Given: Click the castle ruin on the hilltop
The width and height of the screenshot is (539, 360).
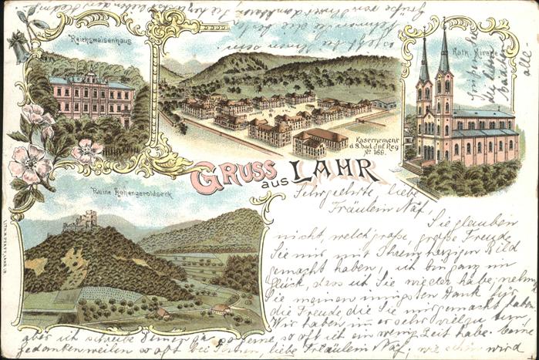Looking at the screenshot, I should click(x=81, y=223).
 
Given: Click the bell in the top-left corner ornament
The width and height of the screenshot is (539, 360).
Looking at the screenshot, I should click(x=18, y=51).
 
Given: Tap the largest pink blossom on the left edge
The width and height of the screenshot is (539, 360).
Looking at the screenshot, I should click(x=29, y=163).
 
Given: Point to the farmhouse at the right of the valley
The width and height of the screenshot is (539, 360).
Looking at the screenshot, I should click(x=221, y=308).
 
